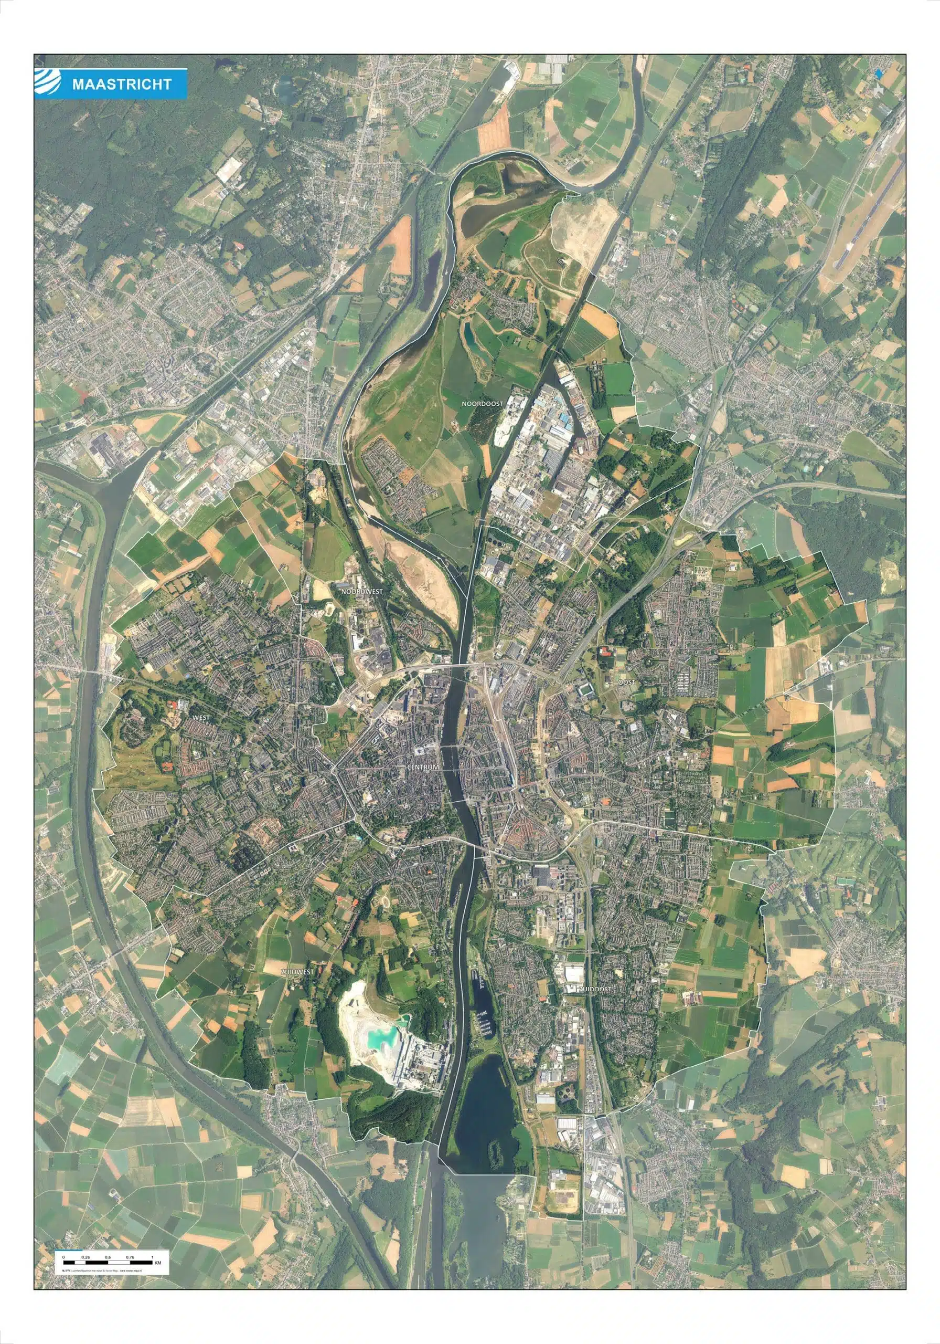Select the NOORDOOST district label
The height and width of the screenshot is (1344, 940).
pyautogui.click(x=482, y=403)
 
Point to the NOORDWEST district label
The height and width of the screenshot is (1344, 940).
pyautogui.click(x=361, y=592)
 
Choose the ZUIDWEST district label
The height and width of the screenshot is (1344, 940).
pyautogui.click(x=297, y=972)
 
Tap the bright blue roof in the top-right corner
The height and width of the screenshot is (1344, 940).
pyautogui.click(x=878, y=73)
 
